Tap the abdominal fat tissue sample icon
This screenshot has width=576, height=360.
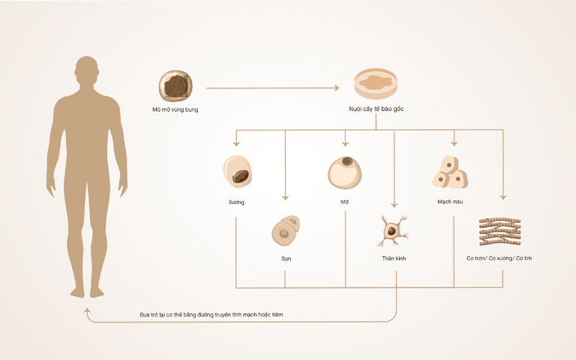(x=176, y=86)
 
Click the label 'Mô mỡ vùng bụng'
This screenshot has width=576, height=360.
(x=175, y=109)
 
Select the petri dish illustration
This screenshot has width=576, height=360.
(x=376, y=84)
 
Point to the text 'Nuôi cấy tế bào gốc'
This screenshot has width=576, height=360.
(x=376, y=109)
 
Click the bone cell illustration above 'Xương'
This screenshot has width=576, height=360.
(x=238, y=172)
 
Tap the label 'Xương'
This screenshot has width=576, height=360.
(x=236, y=202)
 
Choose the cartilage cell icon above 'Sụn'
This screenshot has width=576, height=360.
(x=285, y=230)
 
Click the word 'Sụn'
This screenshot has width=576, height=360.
(x=286, y=258)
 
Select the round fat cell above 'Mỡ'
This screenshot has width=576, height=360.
(x=345, y=173)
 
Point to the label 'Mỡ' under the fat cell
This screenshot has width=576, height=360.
(x=345, y=202)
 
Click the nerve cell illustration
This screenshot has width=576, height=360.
(x=393, y=230)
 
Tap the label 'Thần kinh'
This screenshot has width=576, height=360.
(x=394, y=258)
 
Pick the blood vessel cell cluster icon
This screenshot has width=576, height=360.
(x=449, y=172)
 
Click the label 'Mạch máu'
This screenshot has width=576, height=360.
(x=450, y=202)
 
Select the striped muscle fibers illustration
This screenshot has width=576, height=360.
(x=500, y=231)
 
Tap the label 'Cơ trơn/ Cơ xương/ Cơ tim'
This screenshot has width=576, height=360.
(x=499, y=258)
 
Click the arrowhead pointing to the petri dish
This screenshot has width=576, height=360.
(x=336, y=88)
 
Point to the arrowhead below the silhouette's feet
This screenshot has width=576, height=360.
(x=87, y=311)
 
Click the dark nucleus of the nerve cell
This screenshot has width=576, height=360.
(x=392, y=231)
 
